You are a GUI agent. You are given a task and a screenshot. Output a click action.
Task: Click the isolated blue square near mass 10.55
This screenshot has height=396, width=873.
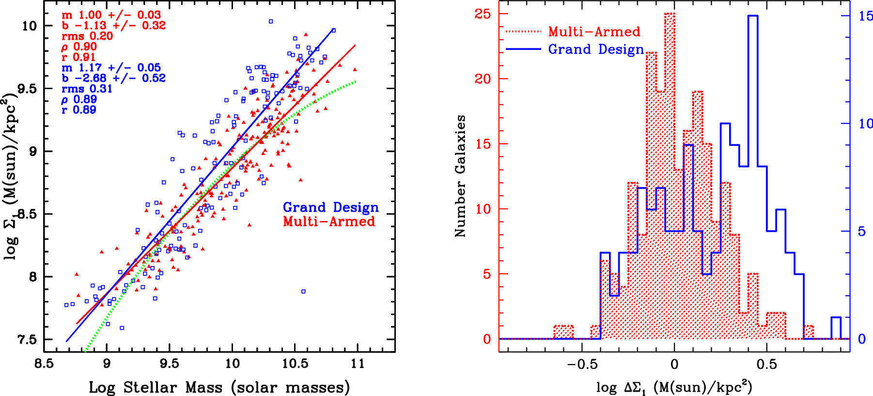point(303,291)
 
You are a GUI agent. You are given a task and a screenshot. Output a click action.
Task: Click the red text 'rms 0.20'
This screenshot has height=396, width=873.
point(87,36)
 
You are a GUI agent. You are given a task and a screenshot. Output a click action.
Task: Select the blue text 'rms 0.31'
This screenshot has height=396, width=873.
point(87,89)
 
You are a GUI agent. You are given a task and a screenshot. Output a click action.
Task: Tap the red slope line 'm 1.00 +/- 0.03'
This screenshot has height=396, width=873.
point(111,15)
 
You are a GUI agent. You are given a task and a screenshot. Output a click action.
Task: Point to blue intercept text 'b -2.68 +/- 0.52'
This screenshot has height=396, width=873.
point(113,78)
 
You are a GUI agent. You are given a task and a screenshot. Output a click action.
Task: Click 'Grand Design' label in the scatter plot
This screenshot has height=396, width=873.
point(330,207)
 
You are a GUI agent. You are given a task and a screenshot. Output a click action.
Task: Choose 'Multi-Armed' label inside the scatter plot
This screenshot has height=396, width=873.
point(329,222)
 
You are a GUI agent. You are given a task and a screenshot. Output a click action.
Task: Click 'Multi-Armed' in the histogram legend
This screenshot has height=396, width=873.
point(594,32)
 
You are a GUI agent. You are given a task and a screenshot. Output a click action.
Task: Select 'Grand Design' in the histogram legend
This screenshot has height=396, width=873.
point(596,49)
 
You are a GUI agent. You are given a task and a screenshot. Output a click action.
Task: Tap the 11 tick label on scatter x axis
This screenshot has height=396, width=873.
point(358,364)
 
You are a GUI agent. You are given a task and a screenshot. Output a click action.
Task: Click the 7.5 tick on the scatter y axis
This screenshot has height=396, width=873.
point(27,340)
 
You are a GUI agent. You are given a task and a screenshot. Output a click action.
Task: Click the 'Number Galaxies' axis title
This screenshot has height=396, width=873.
point(460,176)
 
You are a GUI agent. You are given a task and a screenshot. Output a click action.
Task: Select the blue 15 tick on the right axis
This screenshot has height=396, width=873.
point(865,16)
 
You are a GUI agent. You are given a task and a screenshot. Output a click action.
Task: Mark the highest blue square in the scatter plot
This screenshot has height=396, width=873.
point(271,21)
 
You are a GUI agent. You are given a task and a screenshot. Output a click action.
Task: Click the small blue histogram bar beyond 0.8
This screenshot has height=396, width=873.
point(836,328)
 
